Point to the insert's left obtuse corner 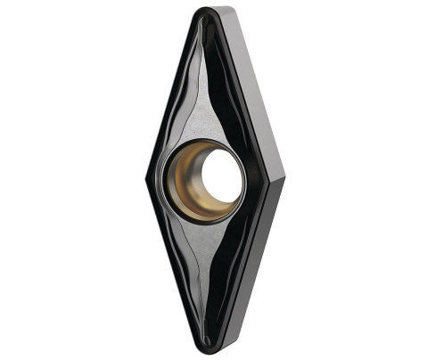pos(145,179)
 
